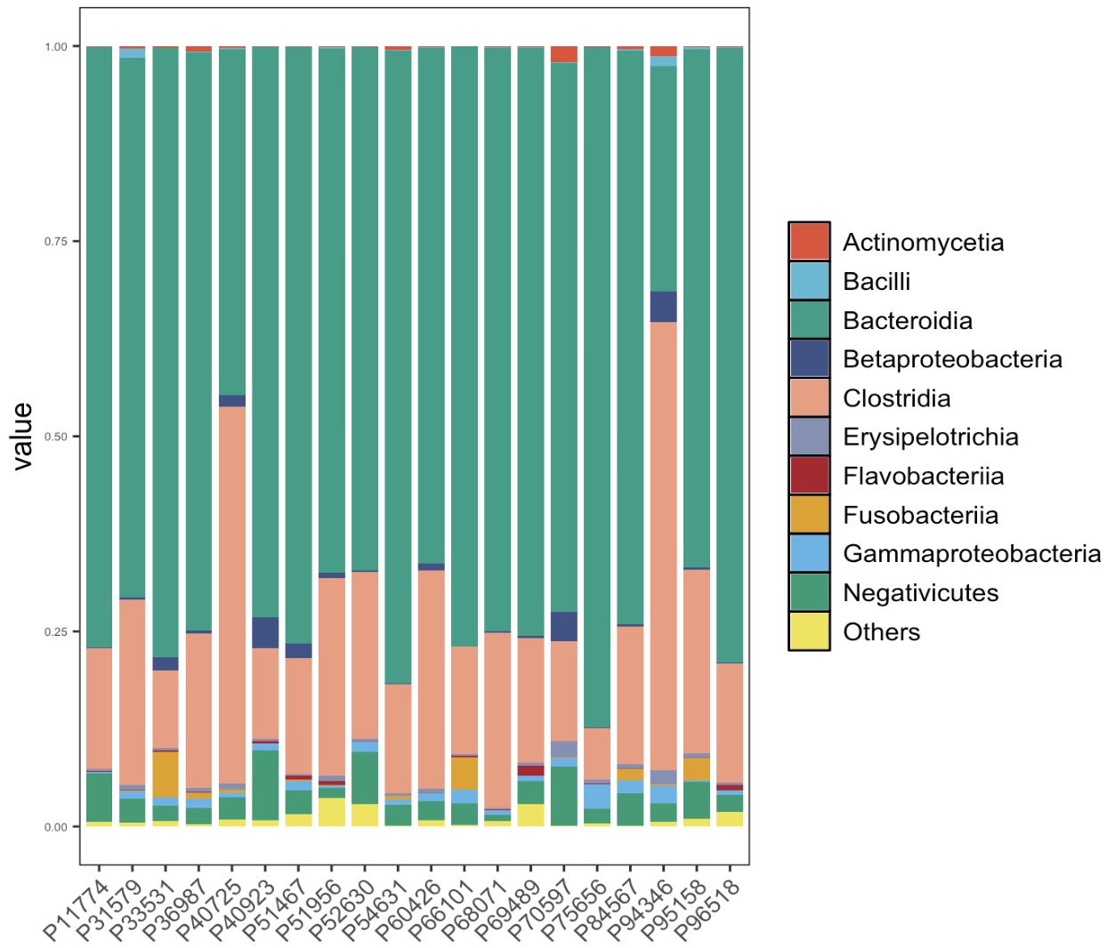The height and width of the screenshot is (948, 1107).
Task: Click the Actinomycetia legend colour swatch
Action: [809, 242]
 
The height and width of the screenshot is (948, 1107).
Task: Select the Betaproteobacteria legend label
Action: [952, 359]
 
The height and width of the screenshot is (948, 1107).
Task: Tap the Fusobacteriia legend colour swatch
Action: [809, 515]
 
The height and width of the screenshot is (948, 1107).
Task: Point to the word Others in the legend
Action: [881, 632]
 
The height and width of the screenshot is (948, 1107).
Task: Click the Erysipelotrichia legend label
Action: [930, 438]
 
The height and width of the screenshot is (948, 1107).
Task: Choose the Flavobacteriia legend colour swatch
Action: [809, 476]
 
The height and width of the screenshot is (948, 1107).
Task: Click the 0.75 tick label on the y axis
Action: [56, 242]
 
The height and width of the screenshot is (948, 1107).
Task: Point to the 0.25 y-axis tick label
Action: [56, 631]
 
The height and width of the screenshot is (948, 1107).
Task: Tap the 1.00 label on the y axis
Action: [56, 46]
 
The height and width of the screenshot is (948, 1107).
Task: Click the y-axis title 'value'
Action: [22, 436]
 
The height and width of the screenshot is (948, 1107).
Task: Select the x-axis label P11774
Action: [77, 909]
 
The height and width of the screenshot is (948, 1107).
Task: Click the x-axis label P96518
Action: [707, 909]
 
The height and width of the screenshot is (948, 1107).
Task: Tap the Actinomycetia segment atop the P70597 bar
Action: [563, 54]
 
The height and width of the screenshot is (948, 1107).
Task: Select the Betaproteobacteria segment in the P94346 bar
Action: [663, 306]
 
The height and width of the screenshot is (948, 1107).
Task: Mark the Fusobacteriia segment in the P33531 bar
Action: [166, 773]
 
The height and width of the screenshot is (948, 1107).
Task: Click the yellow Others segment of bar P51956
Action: [332, 812]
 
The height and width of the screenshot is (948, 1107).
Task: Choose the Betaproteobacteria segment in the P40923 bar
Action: [265, 632]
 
